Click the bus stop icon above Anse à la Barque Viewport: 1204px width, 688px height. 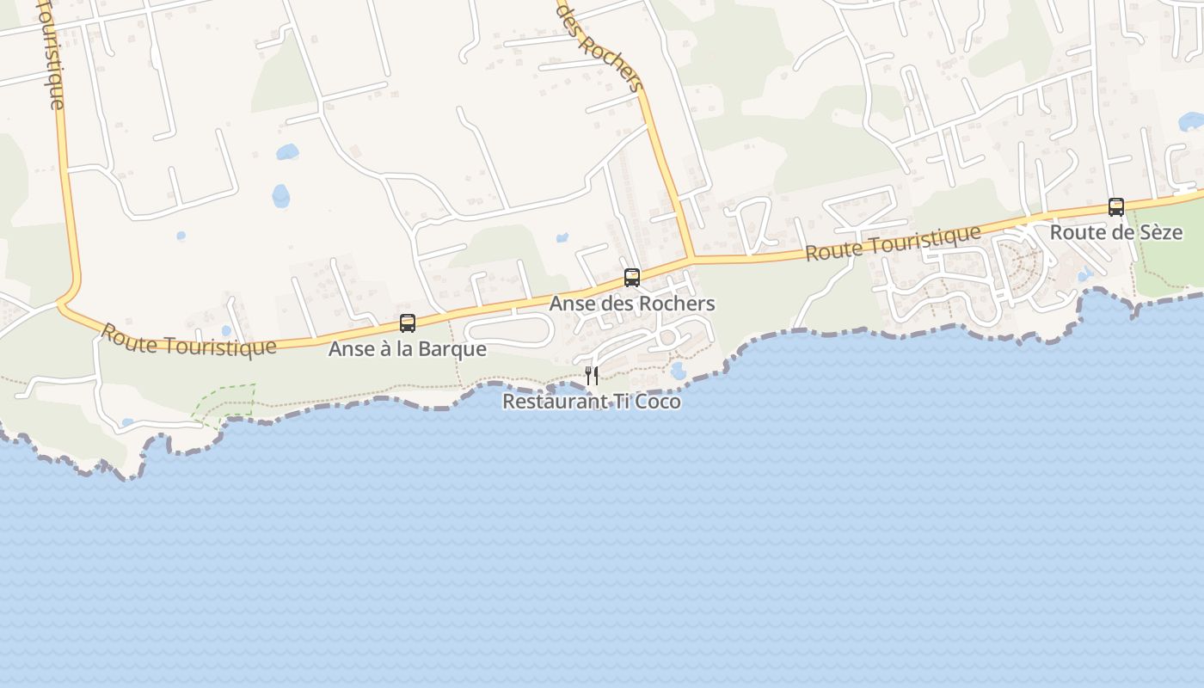(x=408, y=323)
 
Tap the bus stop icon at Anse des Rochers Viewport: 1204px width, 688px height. (x=632, y=278)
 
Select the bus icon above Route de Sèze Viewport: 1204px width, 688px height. (x=1116, y=206)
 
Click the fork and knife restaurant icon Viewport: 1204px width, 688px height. (x=592, y=375)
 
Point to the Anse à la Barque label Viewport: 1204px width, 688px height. (x=408, y=349)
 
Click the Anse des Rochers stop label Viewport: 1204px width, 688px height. (x=632, y=304)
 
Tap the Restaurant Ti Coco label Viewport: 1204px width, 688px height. (x=592, y=402)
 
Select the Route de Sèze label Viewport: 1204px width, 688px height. (x=1116, y=232)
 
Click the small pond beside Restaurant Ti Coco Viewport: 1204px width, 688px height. (x=679, y=371)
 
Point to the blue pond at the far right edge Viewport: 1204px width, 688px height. (x=1192, y=121)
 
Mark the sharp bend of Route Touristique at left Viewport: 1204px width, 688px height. (x=64, y=303)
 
